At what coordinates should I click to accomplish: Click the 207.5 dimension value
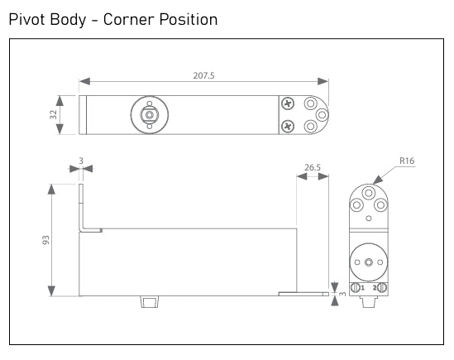click(203, 74)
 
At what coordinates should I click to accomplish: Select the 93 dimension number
click(46, 240)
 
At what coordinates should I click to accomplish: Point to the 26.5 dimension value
click(313, 167)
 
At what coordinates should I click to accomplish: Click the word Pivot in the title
click(29, 19)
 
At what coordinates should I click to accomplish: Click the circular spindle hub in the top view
click(150, 115)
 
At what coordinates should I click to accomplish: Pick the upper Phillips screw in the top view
click(287, 104)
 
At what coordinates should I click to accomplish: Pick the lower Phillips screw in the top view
click(287, 126)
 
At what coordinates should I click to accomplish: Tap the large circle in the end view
click(367, 262)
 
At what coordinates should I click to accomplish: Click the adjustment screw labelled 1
click(356, 287)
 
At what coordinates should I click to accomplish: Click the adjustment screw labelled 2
click(380, 287)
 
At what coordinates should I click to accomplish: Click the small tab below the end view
click(367, 301)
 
